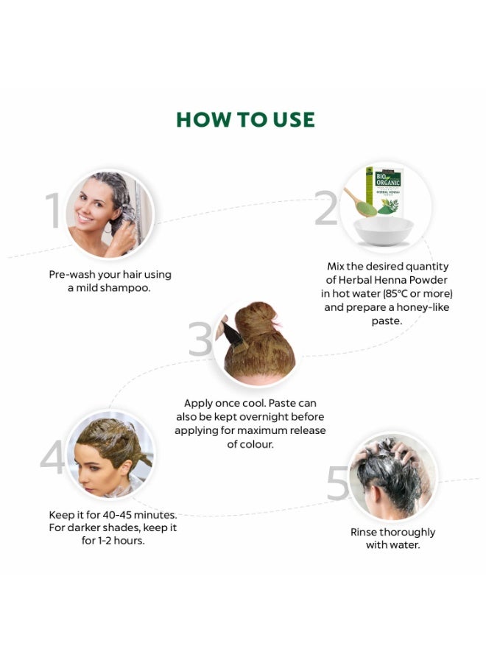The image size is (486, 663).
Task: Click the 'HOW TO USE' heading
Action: (x=245, y=120)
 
